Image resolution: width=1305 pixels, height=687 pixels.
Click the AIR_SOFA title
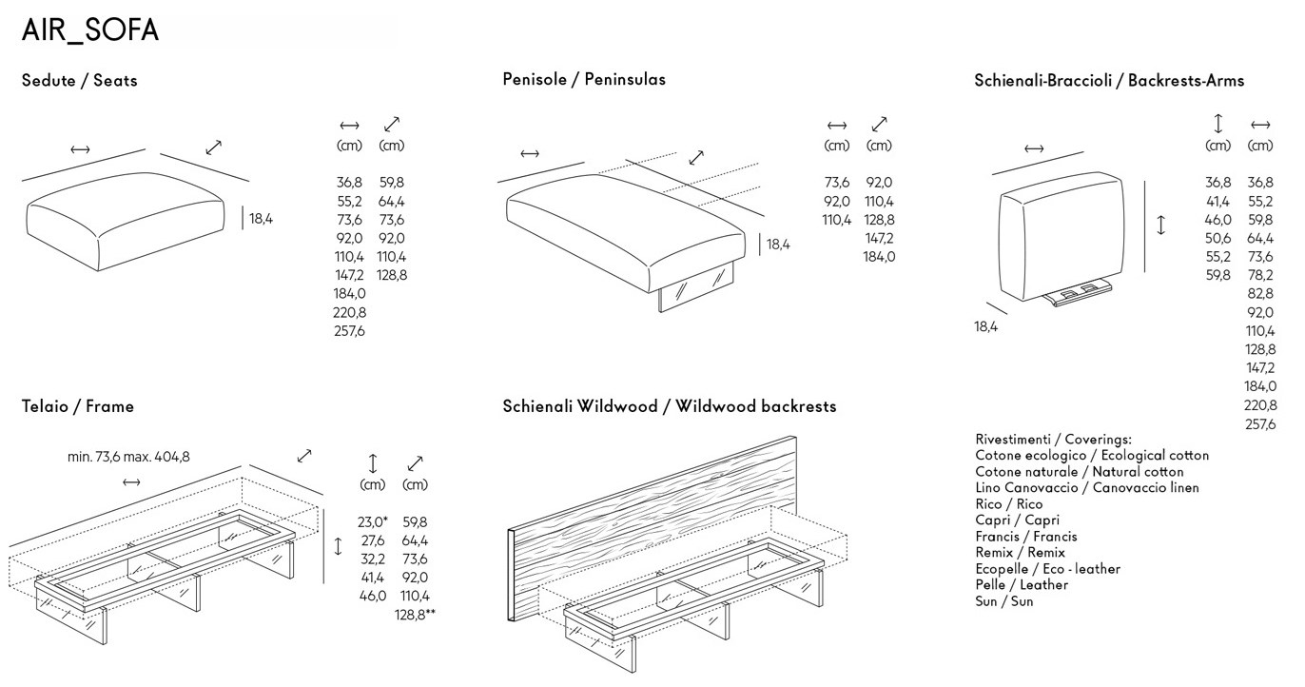90,30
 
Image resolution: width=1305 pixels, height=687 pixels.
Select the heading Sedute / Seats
79,81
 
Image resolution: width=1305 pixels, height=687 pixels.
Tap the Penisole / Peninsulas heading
584,79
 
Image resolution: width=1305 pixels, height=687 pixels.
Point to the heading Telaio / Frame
78,406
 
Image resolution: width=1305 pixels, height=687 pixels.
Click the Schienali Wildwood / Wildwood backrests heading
670,406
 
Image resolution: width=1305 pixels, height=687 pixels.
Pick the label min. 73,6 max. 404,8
128,457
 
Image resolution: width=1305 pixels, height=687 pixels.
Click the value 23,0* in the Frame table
373,522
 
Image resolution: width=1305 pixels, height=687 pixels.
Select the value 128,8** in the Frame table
415,615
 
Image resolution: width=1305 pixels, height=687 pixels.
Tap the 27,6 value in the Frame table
372,540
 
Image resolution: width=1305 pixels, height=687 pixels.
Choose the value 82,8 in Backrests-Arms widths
1260,294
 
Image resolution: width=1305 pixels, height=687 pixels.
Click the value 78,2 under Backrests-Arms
1260,275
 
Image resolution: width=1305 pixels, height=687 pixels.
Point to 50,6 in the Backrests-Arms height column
1218,238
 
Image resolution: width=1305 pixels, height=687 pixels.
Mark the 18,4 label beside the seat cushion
261,219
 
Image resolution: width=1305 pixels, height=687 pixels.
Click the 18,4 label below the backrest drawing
986,327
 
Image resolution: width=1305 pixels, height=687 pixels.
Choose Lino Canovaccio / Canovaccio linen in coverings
1074,488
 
